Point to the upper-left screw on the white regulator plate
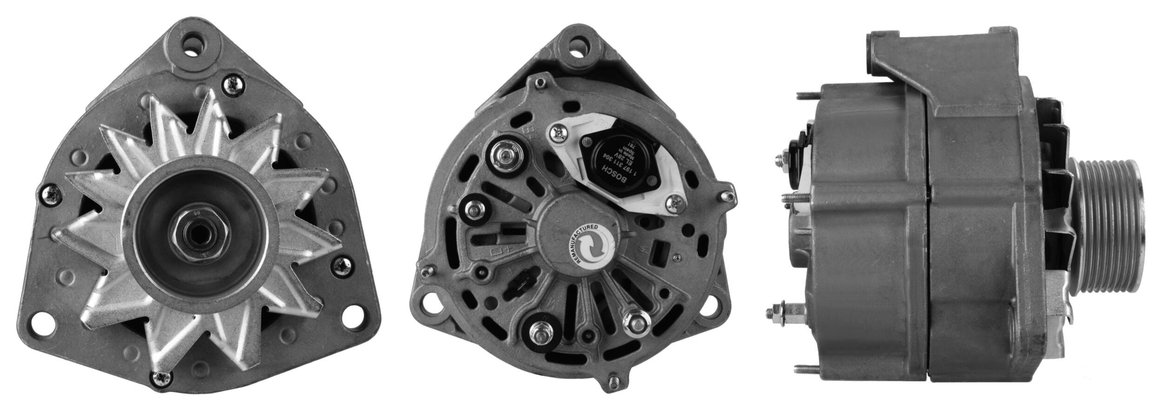click(x=556, y=134)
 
